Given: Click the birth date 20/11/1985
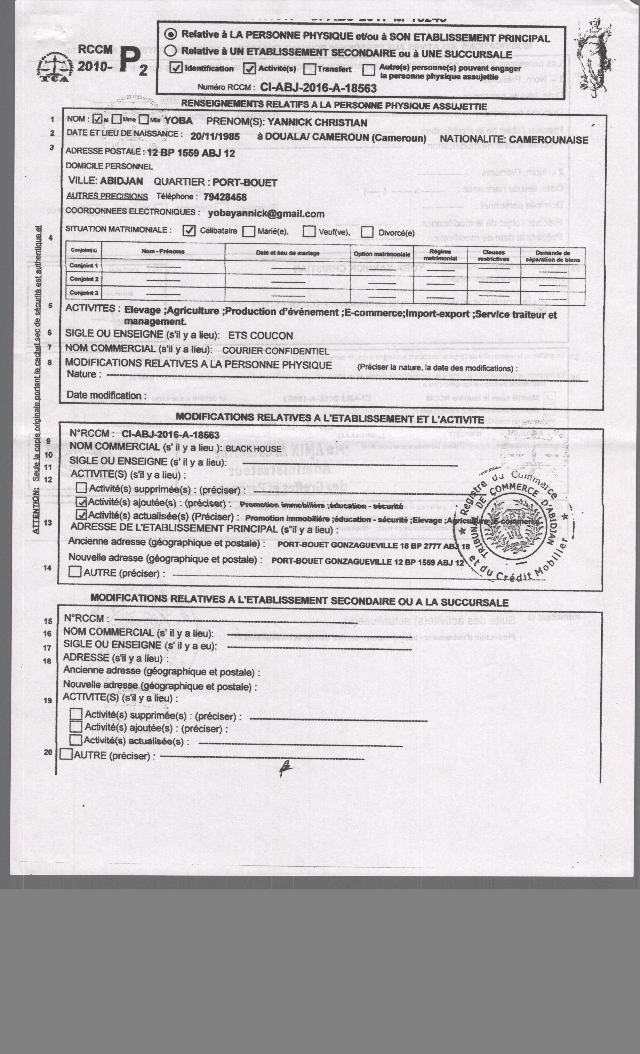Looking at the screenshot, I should point(215,137).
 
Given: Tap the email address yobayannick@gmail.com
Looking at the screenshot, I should point(266,214).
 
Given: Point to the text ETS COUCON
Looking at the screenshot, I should point(261,336).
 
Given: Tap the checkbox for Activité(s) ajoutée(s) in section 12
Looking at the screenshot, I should point(81,502).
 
